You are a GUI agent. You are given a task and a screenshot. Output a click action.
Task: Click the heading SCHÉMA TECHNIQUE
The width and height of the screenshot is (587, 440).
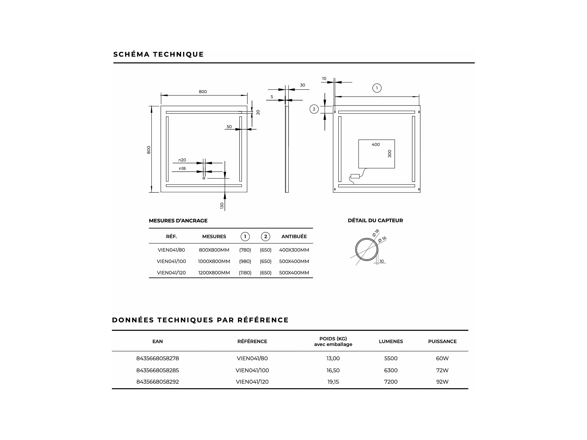coord(158,54)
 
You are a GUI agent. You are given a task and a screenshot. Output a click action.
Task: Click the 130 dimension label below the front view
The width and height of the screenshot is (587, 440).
coord(222,206)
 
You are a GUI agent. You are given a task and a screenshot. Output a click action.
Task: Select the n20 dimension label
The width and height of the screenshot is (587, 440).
coord(182,160)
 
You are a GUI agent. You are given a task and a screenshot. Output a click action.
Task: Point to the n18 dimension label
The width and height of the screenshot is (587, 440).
coord(182,168)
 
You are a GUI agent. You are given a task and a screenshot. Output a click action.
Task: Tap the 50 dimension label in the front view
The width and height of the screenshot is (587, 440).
coord(229,127)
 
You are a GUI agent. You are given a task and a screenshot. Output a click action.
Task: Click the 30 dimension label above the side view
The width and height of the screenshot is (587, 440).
coord(303,85)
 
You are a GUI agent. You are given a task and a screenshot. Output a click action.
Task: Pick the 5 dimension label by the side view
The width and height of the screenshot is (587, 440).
coord(272,97)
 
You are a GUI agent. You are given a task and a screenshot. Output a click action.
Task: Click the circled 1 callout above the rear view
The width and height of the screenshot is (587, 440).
coord(377,88)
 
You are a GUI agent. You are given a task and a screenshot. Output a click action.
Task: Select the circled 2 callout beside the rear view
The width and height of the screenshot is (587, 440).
coord(314,109)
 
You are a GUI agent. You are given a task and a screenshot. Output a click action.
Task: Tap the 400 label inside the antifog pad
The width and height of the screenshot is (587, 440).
coord(375,145)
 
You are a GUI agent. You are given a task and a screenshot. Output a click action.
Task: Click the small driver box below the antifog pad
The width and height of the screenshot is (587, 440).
coord(355,176)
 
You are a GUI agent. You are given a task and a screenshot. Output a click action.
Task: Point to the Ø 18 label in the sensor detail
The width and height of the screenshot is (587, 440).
coord(375,233)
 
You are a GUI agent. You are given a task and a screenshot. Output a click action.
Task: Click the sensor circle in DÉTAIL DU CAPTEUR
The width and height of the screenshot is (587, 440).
coord(366,250)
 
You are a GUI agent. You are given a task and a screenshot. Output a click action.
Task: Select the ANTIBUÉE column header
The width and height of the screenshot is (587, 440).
coord(294,236)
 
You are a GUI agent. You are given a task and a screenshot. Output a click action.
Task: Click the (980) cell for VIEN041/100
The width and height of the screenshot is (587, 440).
coord(245,261)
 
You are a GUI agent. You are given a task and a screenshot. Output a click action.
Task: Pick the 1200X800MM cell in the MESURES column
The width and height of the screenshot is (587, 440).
coord(214,273)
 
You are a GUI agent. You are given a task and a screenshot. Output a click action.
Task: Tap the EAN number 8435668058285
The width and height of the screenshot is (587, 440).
coord(158,370)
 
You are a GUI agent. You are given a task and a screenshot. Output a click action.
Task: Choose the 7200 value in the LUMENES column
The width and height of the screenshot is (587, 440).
coord(391,382)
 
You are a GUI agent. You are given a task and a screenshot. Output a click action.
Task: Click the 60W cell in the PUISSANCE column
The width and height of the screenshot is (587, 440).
coord(442,358)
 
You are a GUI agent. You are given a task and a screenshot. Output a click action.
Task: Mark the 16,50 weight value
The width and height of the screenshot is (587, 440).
coord(333,370)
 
